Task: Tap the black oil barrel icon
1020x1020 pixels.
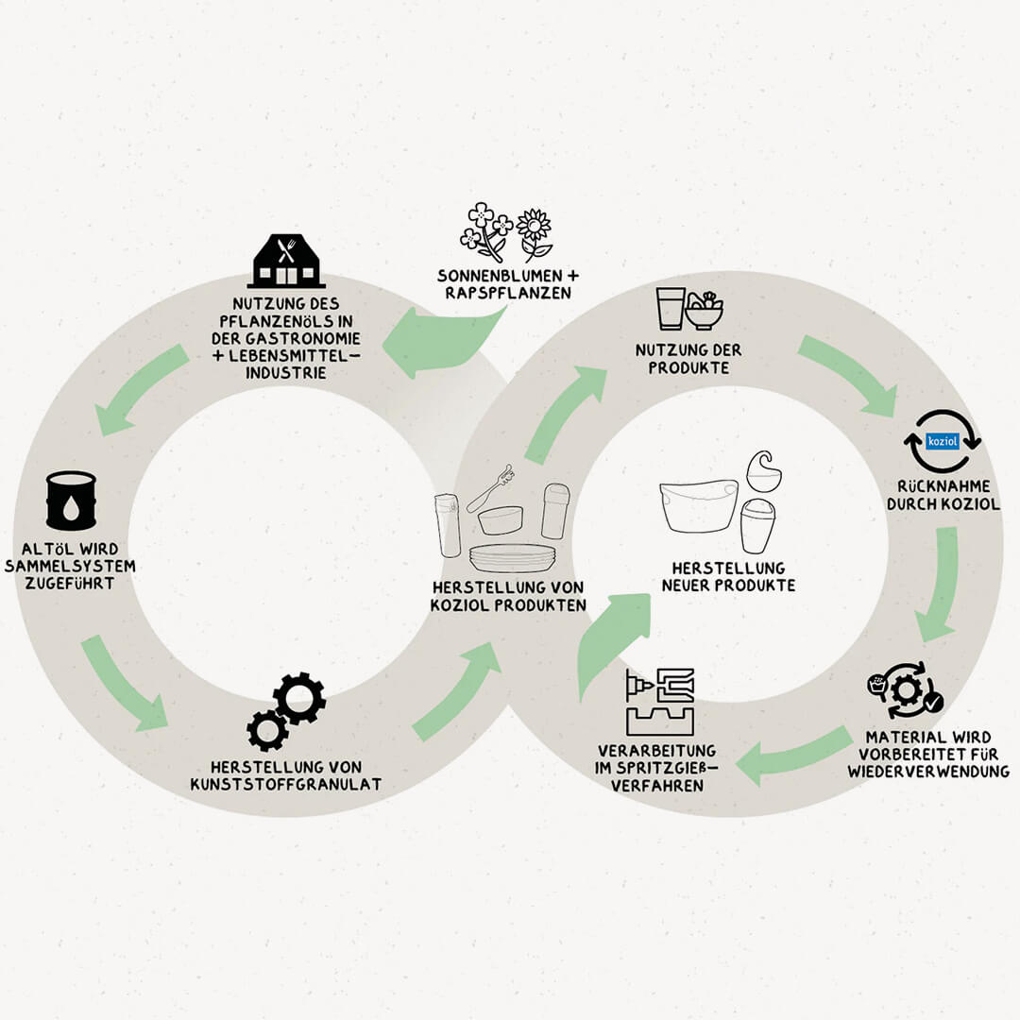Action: (x=72, y=501)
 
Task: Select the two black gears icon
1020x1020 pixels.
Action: (x=286, y=711)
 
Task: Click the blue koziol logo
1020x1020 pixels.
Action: (x=943, y=441)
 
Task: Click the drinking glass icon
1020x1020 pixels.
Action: (x=671, y=309)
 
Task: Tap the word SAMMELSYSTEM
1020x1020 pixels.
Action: (x=77, y=567)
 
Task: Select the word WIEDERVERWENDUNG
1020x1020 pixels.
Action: (x=928, y=771)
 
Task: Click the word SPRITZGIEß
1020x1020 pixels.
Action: (x=652, y=767)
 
